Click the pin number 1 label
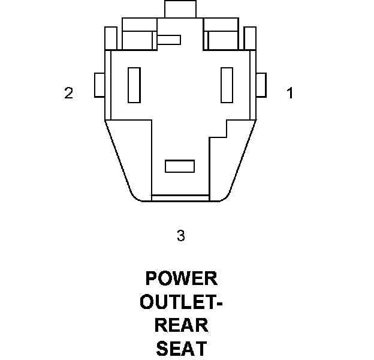[290, 94]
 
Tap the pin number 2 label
[69, 94]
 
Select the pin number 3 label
[181, 236]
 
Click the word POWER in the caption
[181, 279]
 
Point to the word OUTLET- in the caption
[181, 302]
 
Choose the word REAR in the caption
[181, 325]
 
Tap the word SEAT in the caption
[181, 347]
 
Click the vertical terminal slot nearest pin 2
[134, 85]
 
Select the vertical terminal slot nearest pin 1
[227, 85]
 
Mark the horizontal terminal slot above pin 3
[180, 166]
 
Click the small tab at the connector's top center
[180, 9]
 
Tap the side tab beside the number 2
[99, 85]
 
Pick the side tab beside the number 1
[261, 85]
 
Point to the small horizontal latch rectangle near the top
[169, 40]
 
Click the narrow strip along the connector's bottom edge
[180, 198]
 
